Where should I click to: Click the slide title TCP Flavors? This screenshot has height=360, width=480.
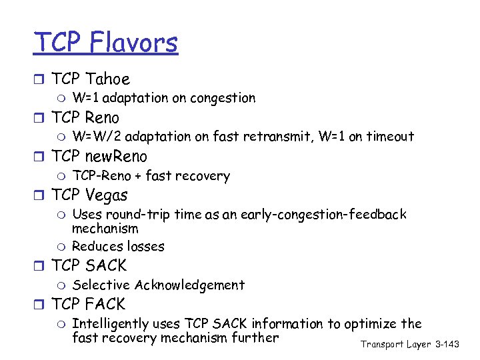point(106,43)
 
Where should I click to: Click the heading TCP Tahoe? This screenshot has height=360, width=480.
point(90,79)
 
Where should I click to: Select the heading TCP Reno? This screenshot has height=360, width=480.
point(85,118)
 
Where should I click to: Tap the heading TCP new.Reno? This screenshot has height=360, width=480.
point(99,157)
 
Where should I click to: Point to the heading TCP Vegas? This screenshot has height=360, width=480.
point(89,195)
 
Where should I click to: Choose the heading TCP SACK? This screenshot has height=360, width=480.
point(89,266)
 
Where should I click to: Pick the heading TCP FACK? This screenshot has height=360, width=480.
point(88,305)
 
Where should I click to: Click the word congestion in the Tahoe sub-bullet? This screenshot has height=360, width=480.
point(223,99)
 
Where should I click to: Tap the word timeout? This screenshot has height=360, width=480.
point(390,137)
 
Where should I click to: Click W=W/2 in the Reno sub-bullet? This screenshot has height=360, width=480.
point(97,137)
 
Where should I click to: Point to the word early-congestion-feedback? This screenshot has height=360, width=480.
point(325,215)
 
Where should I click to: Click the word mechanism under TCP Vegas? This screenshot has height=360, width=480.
point(105,228)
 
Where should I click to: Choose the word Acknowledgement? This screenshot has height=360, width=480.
point(189,285)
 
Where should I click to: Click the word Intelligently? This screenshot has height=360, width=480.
point(110,324)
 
